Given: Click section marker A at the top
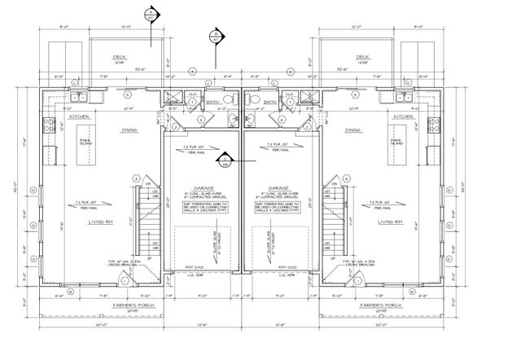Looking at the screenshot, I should (150, 15).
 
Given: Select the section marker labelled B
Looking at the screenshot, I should (216, 37).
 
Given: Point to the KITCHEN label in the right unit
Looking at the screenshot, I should (405, 116).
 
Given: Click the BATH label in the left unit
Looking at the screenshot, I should (212, 103).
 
